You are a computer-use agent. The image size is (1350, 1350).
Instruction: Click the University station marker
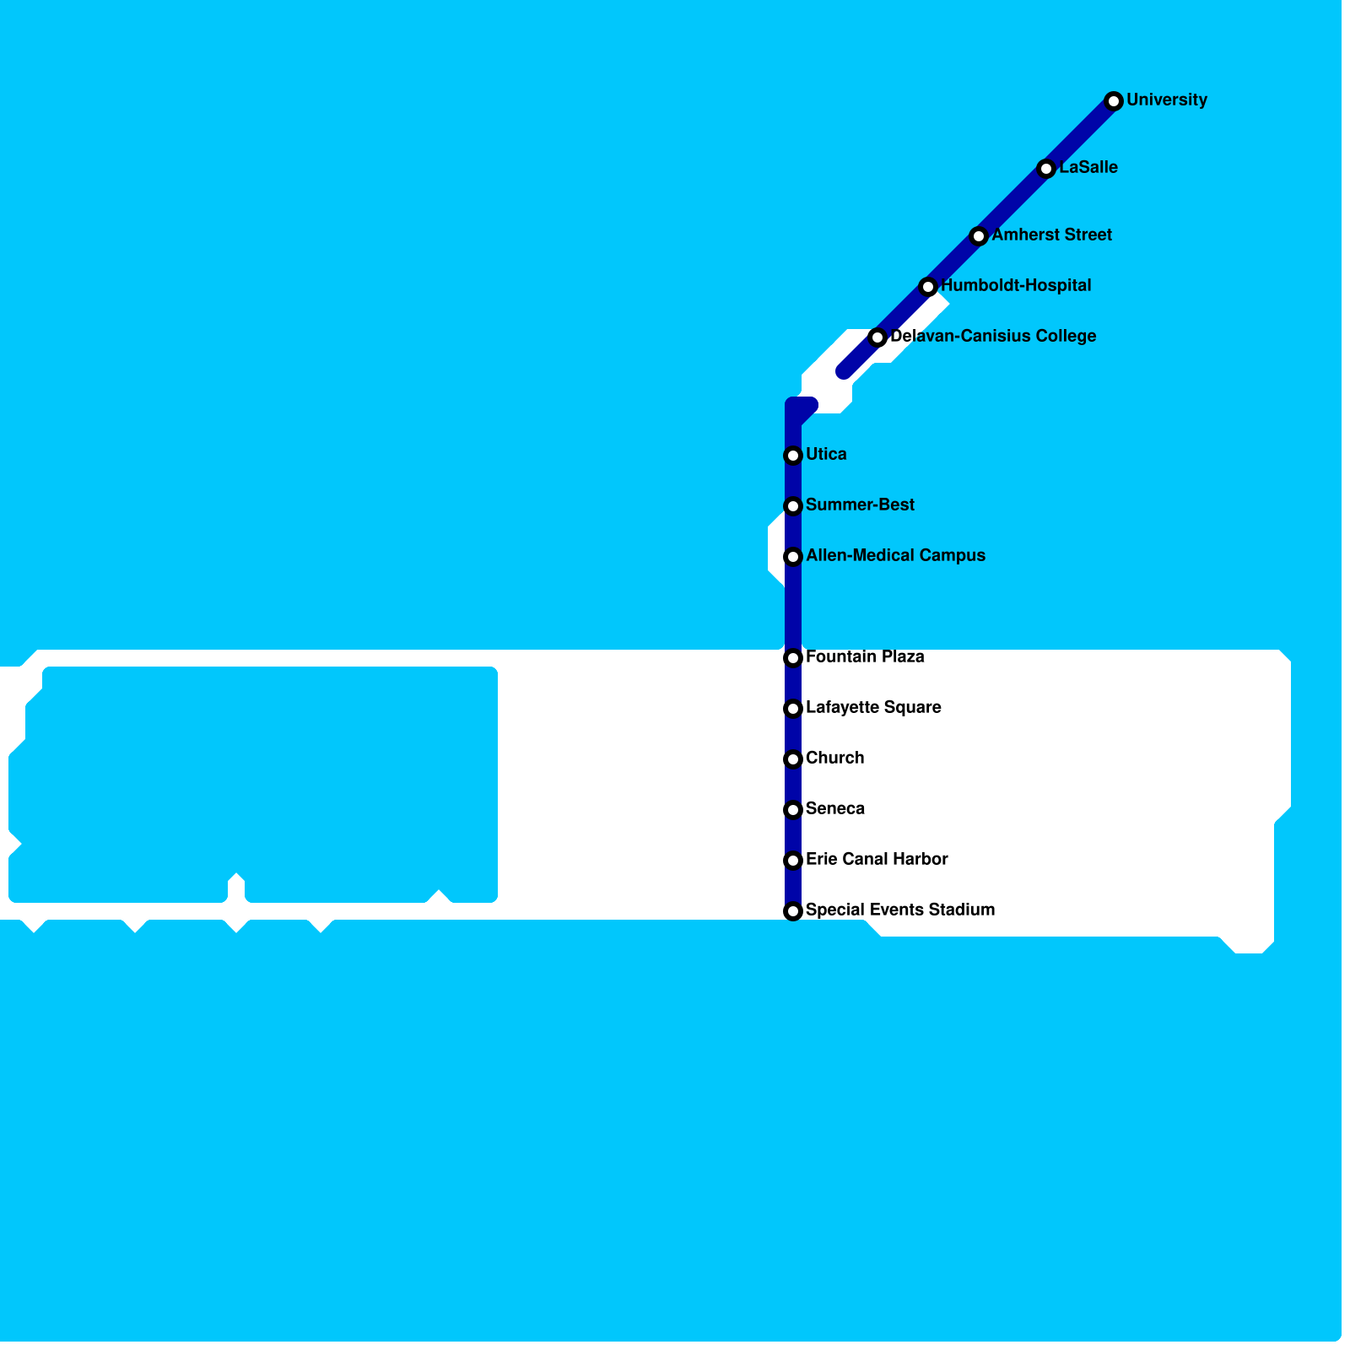(x=1114, y=101)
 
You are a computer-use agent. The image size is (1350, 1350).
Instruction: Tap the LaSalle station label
(x=1088, y=168)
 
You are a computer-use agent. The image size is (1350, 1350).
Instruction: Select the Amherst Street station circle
(x=979, y=236)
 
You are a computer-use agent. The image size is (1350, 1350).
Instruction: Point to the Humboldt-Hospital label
(x=1016, y=286)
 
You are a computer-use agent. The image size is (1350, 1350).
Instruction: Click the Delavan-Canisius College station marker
(x=877, y=337)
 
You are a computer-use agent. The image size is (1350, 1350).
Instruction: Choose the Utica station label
(x=826, y=455)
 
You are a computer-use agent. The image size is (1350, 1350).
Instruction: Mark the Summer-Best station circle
(x=793, y=506)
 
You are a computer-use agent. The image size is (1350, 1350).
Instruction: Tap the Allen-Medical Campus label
(x=895, y=556)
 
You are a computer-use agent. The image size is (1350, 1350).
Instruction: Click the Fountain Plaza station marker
(x=793, y=658)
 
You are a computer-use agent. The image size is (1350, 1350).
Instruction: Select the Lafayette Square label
(x=873, y=708)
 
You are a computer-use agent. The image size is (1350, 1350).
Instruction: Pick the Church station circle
(x=793, y=759)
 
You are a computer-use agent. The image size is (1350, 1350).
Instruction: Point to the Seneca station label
(x=835, y=809)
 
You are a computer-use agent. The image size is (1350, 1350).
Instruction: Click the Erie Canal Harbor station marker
(x=793, y=861)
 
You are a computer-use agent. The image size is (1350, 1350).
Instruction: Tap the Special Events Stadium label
(x=900, y=910)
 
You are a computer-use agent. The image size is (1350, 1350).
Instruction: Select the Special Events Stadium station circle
(x=793, y=911)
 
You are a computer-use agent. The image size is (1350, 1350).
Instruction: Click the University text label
(x=1167, y=100)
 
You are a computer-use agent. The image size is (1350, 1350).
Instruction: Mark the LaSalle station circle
(x=1046, y=169)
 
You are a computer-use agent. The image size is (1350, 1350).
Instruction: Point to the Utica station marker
(x=793, y=456)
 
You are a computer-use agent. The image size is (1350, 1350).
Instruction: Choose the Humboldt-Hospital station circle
(x=928, y=287)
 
